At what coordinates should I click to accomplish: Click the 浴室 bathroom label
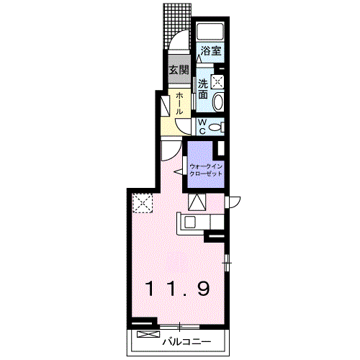point(211,50)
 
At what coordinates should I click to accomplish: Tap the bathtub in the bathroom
point(210,31)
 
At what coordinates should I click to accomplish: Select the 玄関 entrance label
point(179,70)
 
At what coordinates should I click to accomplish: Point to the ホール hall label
point(179,104)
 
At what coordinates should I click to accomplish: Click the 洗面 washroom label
point(203,89)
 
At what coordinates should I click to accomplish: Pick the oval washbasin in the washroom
point(218,102)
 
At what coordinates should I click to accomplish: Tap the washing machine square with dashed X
point(217,81)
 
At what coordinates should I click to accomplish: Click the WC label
point(203,127)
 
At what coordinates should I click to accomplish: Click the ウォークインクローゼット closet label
point(206,170)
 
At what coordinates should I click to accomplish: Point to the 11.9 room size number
point(178,289)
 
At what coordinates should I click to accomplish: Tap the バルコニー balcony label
point(186,342)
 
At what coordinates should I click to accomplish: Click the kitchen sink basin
point(191,222)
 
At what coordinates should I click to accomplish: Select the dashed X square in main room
point(143,203)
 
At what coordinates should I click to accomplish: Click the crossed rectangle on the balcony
point(148,334)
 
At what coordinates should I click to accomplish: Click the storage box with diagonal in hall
point(165,106)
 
